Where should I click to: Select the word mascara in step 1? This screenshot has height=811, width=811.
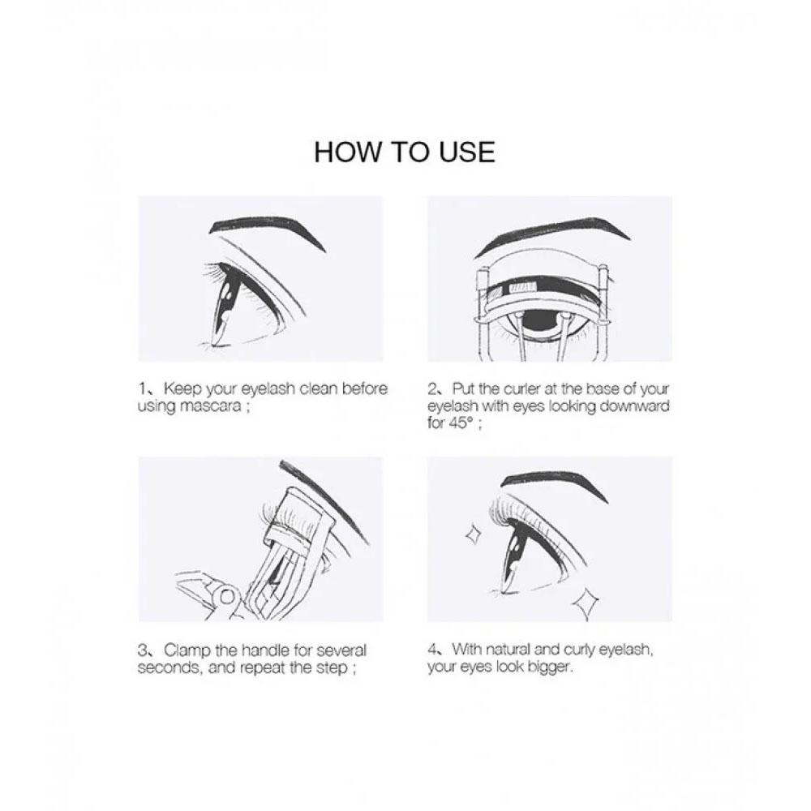pyautogui.click(x=210, y=406)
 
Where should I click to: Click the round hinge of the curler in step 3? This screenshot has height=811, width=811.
pyautogui.click(x=226, y=598)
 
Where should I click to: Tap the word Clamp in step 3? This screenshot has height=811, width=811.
pyautogui.click(x=187, y=650)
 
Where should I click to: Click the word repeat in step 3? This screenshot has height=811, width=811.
pyautogui.click(x=259, y=667)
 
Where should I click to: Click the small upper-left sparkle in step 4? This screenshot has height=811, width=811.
pyautogui.click(x=473, y=534)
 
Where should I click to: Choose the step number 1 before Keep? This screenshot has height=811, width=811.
pyautogui.click(x=142, y=389)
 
